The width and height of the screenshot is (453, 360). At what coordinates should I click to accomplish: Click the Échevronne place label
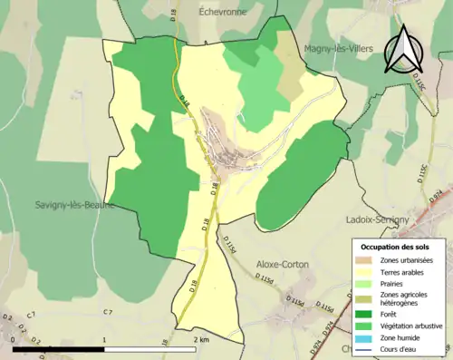click(224, 12)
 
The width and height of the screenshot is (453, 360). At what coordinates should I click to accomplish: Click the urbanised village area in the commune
click(231, 145)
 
